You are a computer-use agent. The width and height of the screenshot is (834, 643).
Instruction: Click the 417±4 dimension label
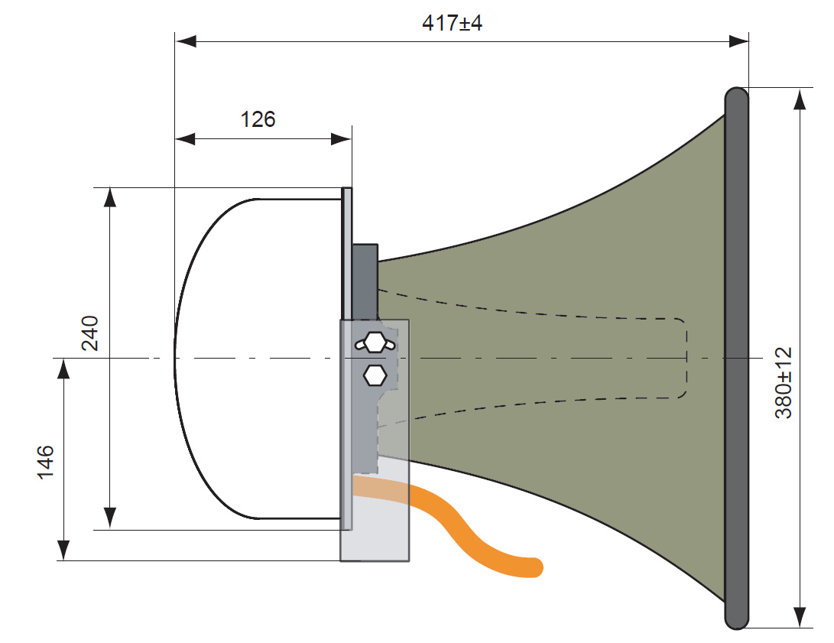(453, 23)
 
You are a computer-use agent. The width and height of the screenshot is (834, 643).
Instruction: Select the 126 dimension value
(258, 120)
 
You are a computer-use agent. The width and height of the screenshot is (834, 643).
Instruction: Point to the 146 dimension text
(45, 461)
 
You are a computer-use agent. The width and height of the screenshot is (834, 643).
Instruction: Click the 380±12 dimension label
(785, 382)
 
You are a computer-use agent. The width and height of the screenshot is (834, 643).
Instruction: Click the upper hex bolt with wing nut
(374, 343)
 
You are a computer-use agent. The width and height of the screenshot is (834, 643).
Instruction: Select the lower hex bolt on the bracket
(375, 375)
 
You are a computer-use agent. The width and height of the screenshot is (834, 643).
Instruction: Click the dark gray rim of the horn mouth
(736, 358)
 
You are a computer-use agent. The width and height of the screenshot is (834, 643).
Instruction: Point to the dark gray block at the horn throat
(365, 280)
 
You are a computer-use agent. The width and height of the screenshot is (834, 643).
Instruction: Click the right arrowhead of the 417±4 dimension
(738, 41)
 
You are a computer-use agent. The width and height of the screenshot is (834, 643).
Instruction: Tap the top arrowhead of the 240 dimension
(111, 197)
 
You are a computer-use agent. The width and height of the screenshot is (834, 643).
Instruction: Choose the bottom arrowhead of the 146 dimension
(63, 550)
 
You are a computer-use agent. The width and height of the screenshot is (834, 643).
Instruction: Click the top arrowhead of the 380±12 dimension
(800, 99)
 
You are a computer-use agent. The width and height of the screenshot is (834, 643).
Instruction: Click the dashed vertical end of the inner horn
(686, 358)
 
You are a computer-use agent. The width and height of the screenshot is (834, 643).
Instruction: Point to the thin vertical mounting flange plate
(346, 252)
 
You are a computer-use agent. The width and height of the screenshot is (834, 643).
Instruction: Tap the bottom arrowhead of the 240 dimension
(111, 518)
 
